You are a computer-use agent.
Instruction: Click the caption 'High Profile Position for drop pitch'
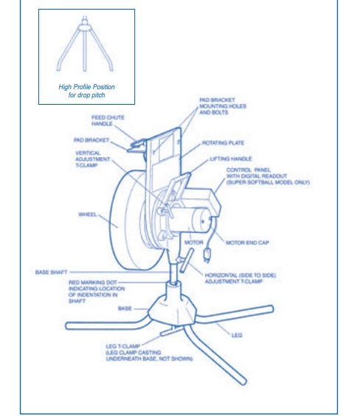click(86, 91)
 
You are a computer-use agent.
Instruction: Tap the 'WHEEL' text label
click(88, 215)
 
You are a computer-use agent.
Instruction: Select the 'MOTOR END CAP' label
click(247, 241)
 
